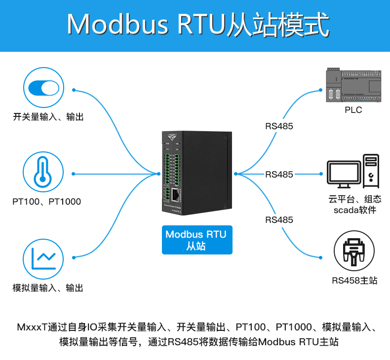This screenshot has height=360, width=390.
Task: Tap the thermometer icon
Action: click(x=43, y=173)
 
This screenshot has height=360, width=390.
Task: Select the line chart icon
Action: click(x=43, y=257)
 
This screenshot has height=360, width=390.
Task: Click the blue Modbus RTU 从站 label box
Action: click(x=196, y=240)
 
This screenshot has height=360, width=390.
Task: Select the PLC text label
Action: click(x=353, y=110)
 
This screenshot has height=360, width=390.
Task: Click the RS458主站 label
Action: click(x=354, y=281)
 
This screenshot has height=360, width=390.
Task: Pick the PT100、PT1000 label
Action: click(x=46, y=202)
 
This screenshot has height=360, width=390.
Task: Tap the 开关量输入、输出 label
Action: click(x=48, y=117)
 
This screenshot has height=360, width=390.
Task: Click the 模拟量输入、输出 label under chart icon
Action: click(x=48, y=288)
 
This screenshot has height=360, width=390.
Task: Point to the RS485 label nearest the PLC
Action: click(x=279, y=126)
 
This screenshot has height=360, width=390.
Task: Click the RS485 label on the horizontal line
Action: click(x=279, y=174)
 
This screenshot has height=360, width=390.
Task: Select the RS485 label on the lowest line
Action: click(x=279, y=219)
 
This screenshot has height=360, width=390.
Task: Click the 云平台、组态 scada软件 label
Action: click(x=354, y=205)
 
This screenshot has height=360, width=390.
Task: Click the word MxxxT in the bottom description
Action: click(x=32, y=327)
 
